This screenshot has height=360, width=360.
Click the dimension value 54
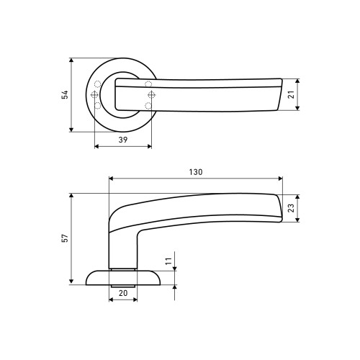pos(65,94)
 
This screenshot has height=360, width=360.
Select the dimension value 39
pos(123,140)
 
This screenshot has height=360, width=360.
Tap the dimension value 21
pos(291,94)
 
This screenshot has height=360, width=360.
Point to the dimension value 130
pos(196,172)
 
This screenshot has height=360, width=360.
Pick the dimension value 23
pos(291,208)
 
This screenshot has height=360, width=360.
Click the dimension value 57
pos(65,238)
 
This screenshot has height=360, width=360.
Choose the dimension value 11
pos(169,261)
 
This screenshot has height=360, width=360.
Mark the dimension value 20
pos(123,293)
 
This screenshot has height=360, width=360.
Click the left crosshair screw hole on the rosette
pos(94,95)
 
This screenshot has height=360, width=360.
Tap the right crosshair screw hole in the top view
pos(151,95)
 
